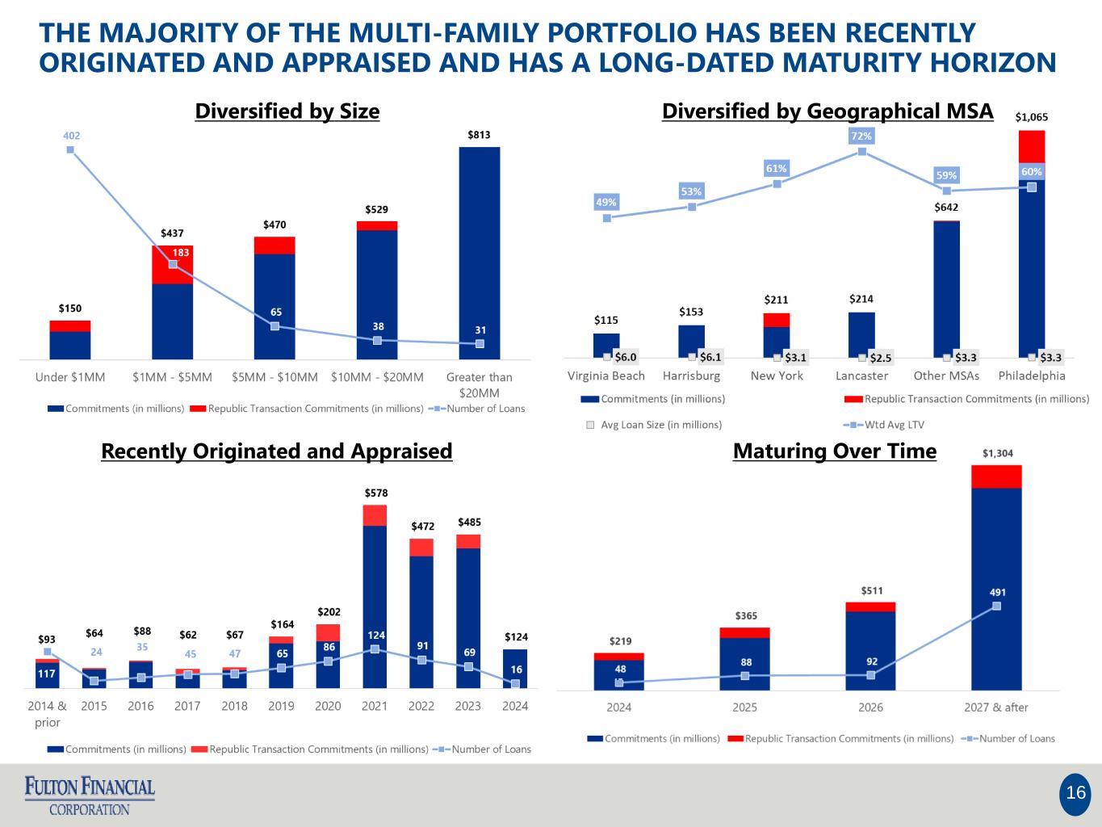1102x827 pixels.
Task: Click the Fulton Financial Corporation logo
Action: pyautogui.click(x=90, y=796)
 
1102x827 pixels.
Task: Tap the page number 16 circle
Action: pyautogui.click(x=1075, y=793)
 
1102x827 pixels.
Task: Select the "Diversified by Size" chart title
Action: pyautogui.click(x=287, y=111)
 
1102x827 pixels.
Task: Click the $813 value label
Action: pyautogui.click(x=479, y=135)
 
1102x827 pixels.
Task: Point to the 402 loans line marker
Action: pyautogui.click(x=70, y=149)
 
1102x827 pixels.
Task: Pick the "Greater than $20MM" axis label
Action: pyautogui.click(x=479, y=384)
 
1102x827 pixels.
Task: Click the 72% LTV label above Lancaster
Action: pyautogui.click(x=861, y=136)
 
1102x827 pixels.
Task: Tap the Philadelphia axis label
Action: pyautogui.click(x=1031, y=376)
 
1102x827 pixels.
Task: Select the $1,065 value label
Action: pyautogui.click(x=1031, y=117)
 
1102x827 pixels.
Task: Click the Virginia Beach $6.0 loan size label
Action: pyautogui.click(x=625, y=357)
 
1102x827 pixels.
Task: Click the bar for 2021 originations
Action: pyautogui.click(x=375, y=598)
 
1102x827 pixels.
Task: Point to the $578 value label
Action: pyautogui.click(x=375, y=493)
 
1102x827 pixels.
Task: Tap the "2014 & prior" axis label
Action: pyautogui.click(x=48, y=714)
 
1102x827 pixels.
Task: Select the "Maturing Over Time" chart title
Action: pyautogui.click(x=834, y=451)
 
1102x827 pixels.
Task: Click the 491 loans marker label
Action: pyautogui.click(x=998, y=592)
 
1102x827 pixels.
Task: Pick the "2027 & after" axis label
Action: pyautogui.click(x=996, y=707)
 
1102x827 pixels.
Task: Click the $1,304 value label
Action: pyautogui.click(x=997, y=453)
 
